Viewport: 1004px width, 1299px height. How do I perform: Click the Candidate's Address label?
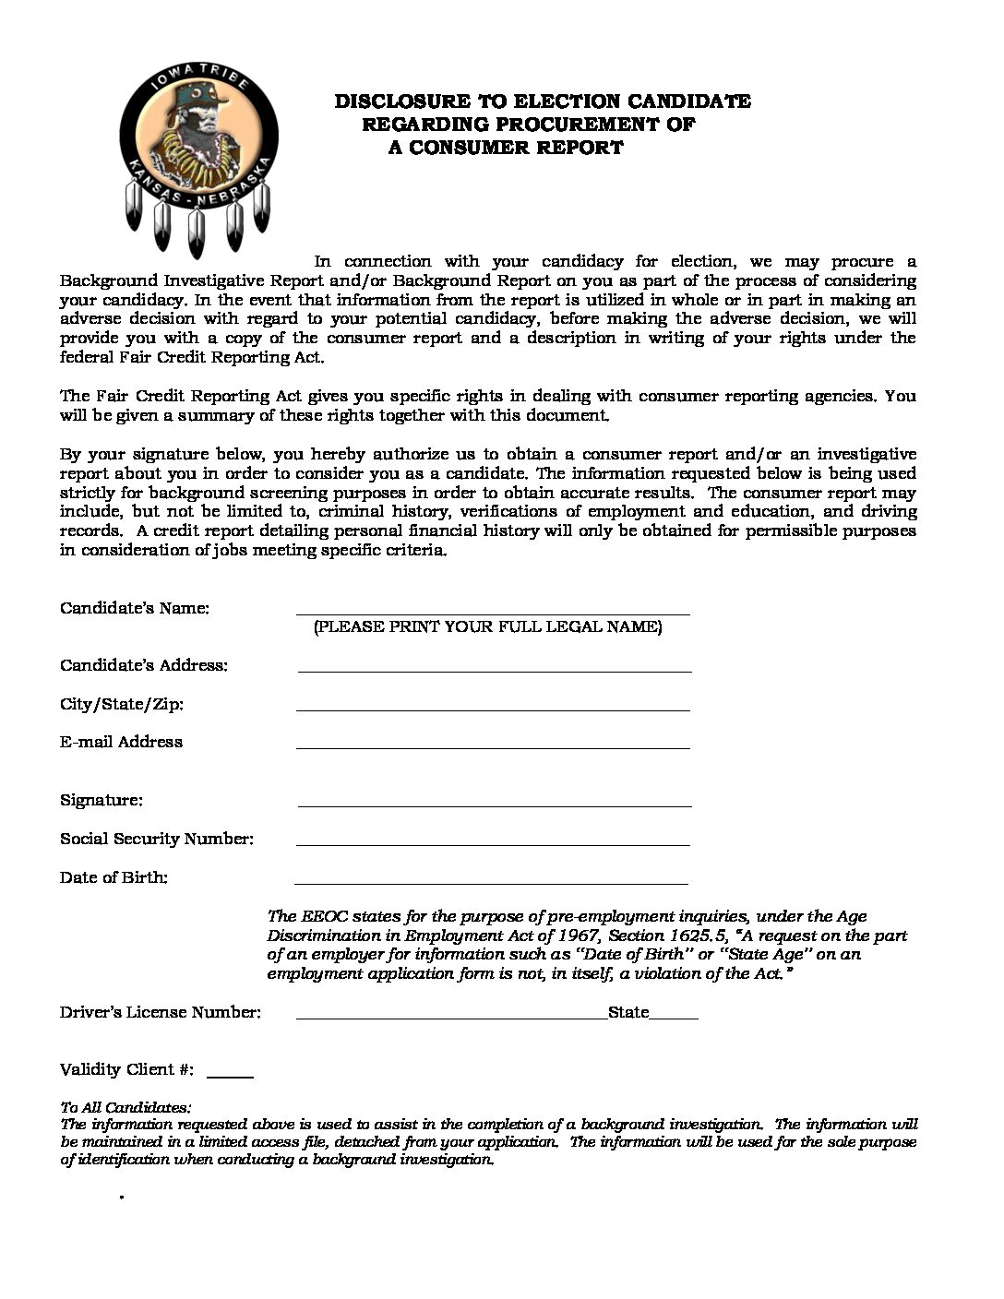pos(143,666)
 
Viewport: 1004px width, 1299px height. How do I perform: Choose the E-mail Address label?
pos(121,742)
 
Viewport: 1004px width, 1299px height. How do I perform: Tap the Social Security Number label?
pos(156,839)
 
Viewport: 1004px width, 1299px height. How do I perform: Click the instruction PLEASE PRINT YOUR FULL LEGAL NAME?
pos(487,627)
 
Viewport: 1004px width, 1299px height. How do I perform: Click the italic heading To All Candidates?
pos(125,1107)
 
